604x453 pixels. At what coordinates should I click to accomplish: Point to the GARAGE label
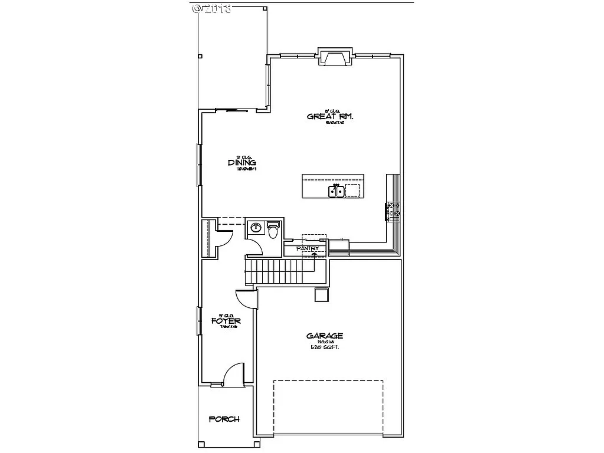[x=324, y=336]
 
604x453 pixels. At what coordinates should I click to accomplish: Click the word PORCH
[x=224, y=419]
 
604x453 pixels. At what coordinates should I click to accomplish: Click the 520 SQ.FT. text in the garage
[x=324, y=347]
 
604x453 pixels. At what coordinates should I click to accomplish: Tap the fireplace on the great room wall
[x=335, y=58]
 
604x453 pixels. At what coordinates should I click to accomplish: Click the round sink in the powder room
[x=256, y=228]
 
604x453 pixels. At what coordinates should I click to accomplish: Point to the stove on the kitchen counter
[x=393, y=211]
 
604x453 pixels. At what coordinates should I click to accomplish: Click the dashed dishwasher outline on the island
[x=352, y=190]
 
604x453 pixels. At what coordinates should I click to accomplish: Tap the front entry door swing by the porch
[x=234, y=375]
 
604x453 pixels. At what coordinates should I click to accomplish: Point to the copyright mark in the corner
[x=211, y=8]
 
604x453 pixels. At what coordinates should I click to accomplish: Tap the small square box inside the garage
[x=321, y=294]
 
